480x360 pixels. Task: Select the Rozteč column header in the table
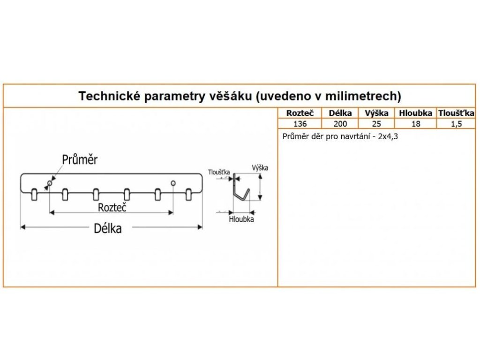coord(300,113)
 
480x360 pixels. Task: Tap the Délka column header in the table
coord(340,113)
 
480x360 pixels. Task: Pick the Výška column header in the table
coord(376,113)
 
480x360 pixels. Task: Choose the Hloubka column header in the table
coord(415,113)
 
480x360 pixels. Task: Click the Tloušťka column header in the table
coord(456,113)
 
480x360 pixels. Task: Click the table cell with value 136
coord(300,124)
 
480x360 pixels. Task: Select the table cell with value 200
coord(340,124)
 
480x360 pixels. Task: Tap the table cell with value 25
coord(376,124)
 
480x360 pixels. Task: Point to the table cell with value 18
coord(415,124)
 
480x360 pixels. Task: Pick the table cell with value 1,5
coord(456,124)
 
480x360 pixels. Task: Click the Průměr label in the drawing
coord(80,160)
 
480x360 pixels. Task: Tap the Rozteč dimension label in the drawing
coord(112,207)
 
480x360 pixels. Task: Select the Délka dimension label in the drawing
coord(108,228)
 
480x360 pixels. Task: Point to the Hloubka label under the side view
coord(241,219)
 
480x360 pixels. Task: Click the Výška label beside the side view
coord(260,168)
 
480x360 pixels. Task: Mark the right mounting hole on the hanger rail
coord(173,182)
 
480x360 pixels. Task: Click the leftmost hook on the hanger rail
coord(34,194)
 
